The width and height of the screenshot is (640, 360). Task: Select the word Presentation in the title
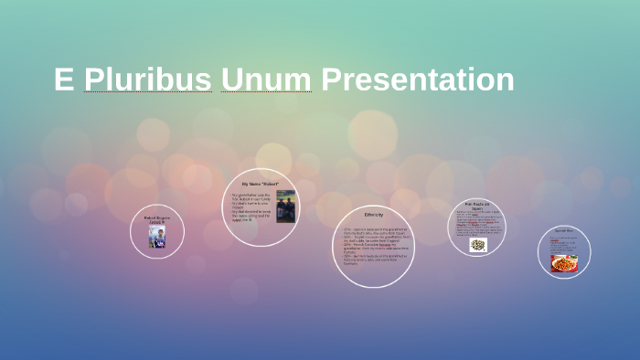[x=417, y=79]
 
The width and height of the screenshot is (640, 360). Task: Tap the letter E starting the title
[x=63, y=79]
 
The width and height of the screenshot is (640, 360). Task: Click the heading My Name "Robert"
[x=264, y=184]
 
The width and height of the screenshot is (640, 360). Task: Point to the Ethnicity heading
[x=373, y=215]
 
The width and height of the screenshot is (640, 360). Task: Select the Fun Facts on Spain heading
[x=477, y=206]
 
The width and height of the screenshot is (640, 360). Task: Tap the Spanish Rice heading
[x=563, y=230]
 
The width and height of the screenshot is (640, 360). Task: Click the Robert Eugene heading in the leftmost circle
[x=157, y=218]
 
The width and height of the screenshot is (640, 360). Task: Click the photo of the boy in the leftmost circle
[x=157, y=237]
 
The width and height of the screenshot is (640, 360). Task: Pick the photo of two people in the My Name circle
[x=285, y=206]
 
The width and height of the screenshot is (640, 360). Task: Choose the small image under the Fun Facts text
[x=477, y=245]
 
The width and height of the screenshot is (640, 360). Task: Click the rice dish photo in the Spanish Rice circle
[x=564, y=262]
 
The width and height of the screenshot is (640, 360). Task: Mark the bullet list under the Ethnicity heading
[x=373, y=246]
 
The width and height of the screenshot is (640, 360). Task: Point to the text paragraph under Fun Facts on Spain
[x=477, y=224]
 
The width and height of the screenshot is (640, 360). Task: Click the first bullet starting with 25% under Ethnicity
[x=373, y=230]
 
